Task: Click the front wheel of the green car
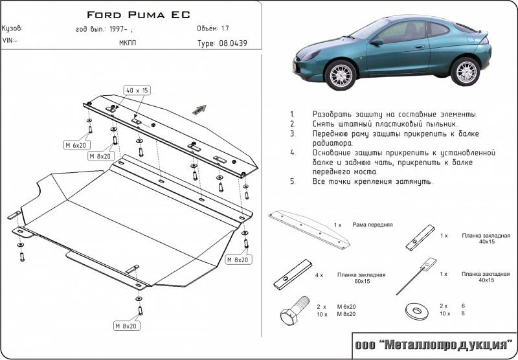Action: coord(342,74)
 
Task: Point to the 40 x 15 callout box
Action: coord(137,90)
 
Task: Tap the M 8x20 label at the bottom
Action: coord(126,325)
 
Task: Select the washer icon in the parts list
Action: coord(414,311)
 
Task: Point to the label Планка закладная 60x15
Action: coord(361,278)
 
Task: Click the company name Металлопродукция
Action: coord(434,345)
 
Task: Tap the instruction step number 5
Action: coord(293,181)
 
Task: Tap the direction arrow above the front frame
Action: coord(199,109)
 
